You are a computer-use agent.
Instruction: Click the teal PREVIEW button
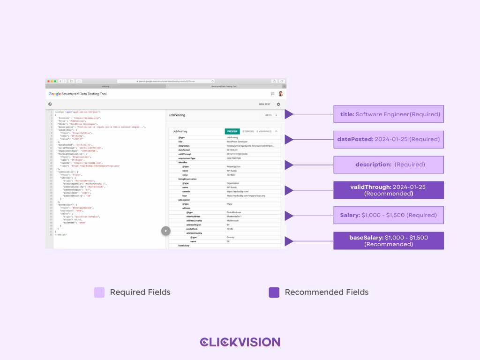[232, 132]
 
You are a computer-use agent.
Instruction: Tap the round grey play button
[165, 231]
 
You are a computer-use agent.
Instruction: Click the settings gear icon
[278, 105]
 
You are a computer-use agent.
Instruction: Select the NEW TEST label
[264, 105]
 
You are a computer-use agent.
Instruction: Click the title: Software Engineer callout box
[389, 114]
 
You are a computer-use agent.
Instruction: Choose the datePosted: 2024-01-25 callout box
[389, 139]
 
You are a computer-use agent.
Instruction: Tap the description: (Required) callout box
[389, 165]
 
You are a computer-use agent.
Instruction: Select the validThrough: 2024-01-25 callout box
[389, 190]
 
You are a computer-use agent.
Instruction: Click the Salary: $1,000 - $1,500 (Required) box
[389, 215]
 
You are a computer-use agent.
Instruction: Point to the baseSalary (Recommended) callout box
[389, 240]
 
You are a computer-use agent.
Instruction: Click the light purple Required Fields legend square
[99, 292]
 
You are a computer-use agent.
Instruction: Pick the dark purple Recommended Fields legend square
[274, 292]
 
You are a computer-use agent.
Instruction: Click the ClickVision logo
[240, 342]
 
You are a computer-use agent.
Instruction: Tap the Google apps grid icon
[273, 94]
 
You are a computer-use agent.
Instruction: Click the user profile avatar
[281, 94]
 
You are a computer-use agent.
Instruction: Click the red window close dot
[48, 81]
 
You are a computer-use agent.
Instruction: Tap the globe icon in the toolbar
[50, 105]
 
